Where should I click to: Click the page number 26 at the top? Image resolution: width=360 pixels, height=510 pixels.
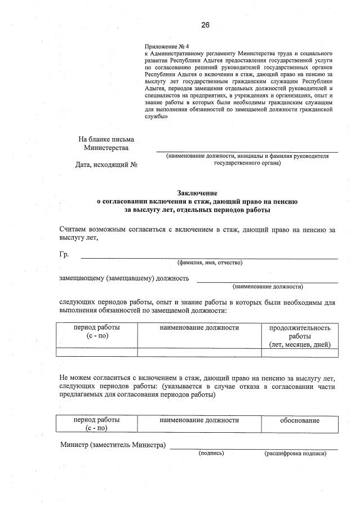click(205, 24)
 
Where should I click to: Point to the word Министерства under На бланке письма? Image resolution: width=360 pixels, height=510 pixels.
click(106, 148)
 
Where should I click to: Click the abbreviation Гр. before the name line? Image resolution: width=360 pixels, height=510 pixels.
click(64, 255)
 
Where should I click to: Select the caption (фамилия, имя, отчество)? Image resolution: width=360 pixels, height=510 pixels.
click(209, 263)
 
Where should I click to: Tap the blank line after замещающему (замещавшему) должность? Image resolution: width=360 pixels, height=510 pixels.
click(267, 280)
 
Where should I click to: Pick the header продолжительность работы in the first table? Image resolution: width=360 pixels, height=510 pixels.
click(300, 336)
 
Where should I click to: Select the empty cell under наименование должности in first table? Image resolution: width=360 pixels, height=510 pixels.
click(199, 353)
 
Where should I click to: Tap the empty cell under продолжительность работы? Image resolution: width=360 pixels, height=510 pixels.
click(300, 353)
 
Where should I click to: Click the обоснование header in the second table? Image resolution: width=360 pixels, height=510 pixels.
click(300, 420)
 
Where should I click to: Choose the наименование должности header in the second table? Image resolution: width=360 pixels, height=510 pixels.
click(199, 420)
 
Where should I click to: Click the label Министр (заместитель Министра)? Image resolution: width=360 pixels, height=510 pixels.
click(113, 445)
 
